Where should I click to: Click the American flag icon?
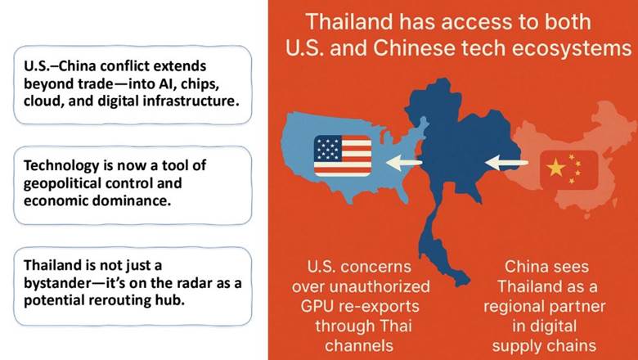pyautogui.click(x=343, y=155)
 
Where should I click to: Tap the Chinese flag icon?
pyautogui.click(x=568, y=170)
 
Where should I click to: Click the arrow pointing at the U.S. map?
pyautogui.click(x=403, y=163)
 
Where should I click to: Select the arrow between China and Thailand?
pyautogui.click(x=506, y=163)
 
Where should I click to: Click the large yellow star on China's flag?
pyautogui.click(x=556, y=168)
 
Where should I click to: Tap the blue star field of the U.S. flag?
pyautogui.click(x=327, y=148)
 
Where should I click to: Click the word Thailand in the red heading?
pyautogui.click(x=349, y=21)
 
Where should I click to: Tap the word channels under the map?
pyautogui.click(x=359, y=346)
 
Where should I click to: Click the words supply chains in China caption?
pyautogui.click(x=544, y=346)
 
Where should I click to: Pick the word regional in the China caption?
pyautogui.click(x=514, y=307)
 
